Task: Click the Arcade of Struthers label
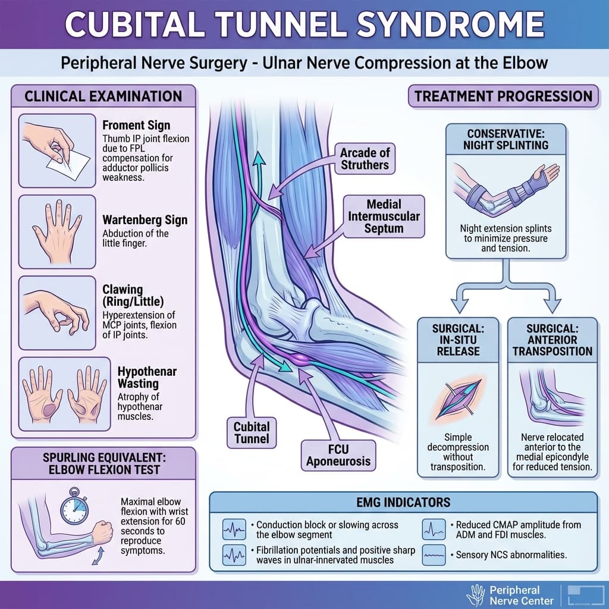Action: click(x=365, y=159)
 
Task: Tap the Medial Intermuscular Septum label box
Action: click(x=384, y=216)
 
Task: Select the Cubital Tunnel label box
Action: click(x=252, y=433)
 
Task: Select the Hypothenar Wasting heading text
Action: click(x=139, y=379)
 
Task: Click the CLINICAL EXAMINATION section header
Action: click(x=103, y=96)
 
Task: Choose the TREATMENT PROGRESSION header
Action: click(x=503, y=96)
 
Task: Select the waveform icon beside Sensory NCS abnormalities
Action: click(x=435, y=555)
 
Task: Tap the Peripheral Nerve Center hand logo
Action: click(x=476, y=593)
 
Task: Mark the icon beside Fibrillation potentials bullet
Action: click(x=233, y=555)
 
